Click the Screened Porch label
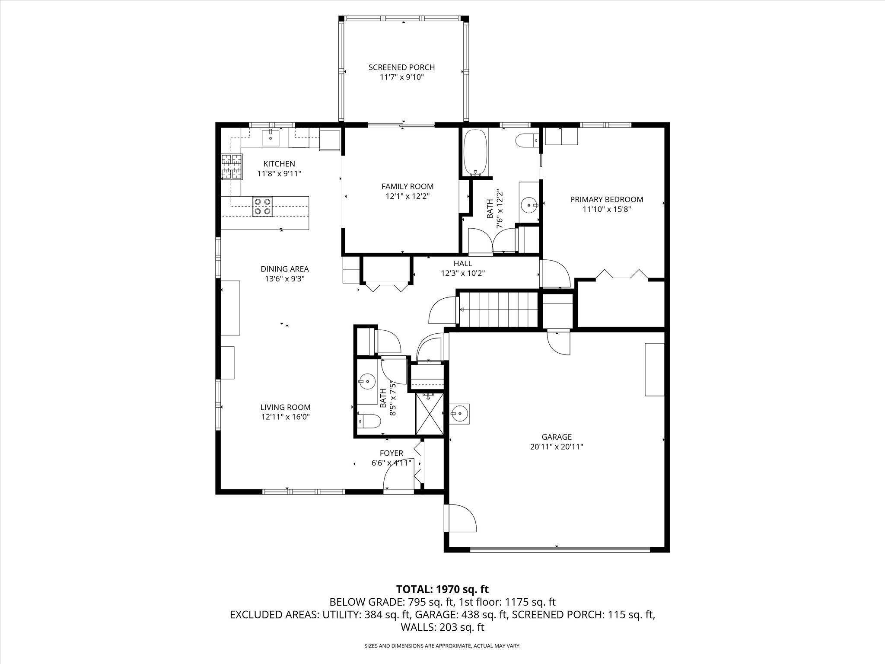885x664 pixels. click(x=401, y=67)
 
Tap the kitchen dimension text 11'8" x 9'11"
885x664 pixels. click(x=279, y=174)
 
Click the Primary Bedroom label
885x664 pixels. click(x=606, y=199)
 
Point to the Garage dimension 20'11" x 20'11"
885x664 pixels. click(x=557, y=447)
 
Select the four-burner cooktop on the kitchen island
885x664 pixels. click(x=262, y=206)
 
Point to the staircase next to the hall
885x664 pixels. click(x=498, y=310)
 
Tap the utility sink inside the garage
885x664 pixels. click(x=459, y=414)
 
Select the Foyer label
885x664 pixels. click(x=391, y=453)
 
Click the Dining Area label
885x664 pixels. click(x=284, y=269)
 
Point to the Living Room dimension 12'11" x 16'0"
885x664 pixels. click(x=285, y=417)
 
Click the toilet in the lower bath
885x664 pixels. click(x=369, y=420)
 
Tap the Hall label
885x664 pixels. click(x=462, y=263)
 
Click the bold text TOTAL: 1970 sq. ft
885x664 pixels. click(x=442, y=589)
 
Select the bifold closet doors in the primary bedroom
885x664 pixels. click(x=621, y=275)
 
